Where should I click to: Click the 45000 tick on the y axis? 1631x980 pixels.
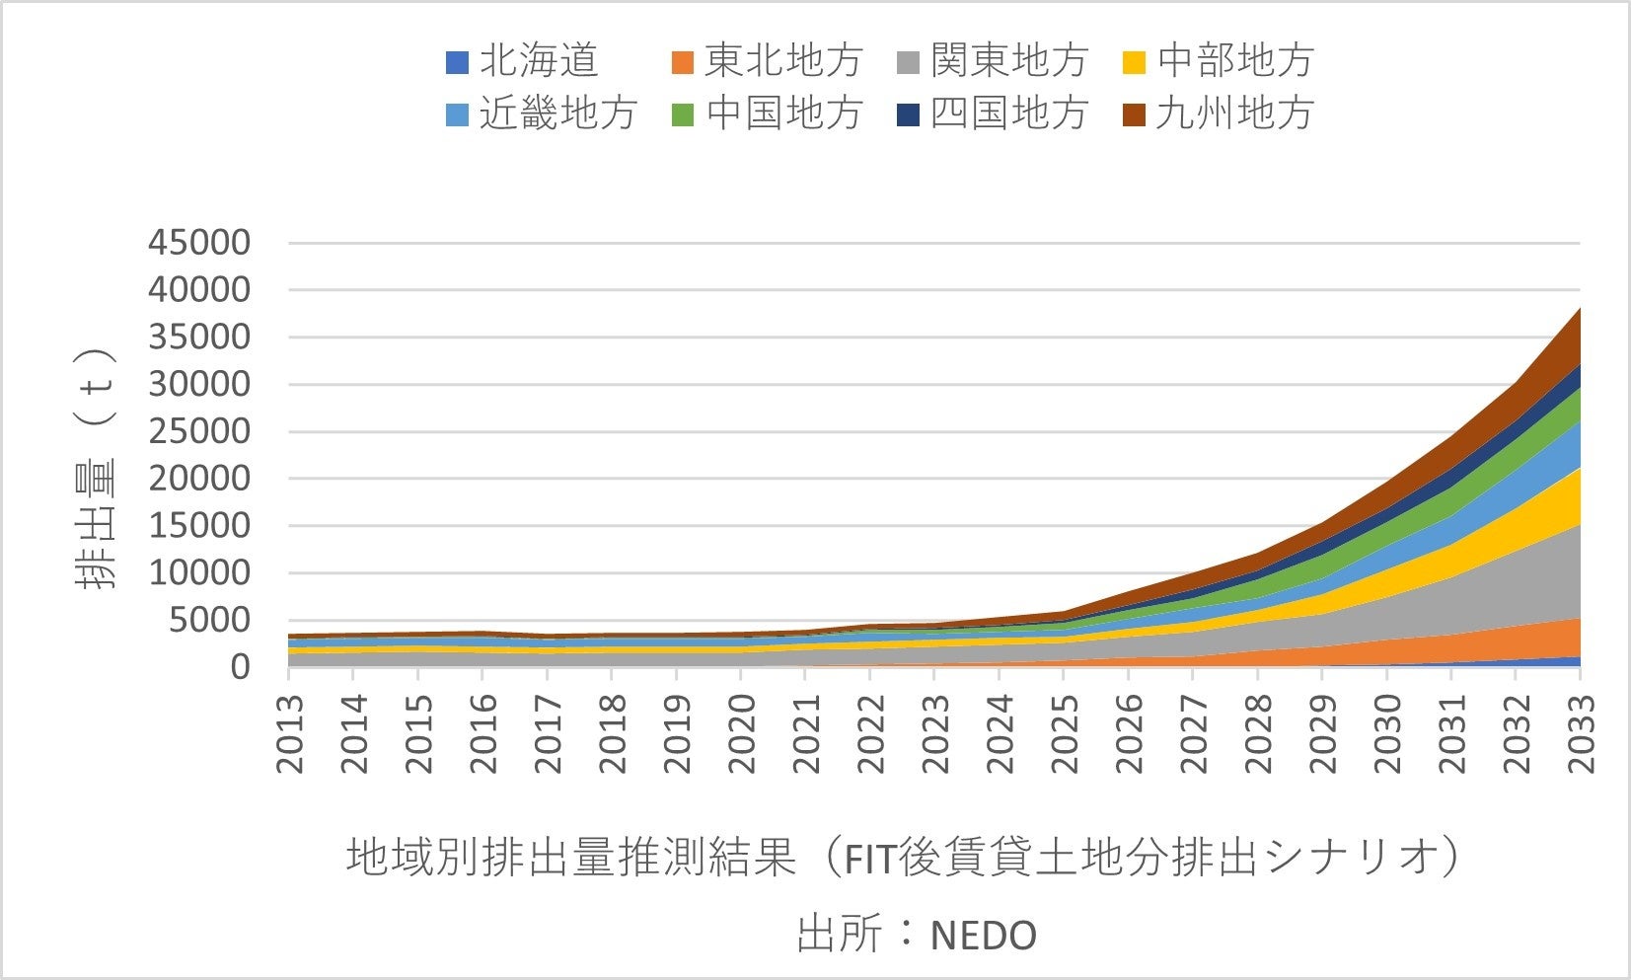click(x=199, y=243)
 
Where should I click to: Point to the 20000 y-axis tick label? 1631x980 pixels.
click(x=199, y=479)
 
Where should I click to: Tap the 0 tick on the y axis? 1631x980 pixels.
click(x=240, y=667)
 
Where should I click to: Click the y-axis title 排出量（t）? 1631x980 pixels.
click(x=96, y=469)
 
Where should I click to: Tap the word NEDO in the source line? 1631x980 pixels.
click(x=984, y=935)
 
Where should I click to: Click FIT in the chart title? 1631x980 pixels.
click(x=869, y=859)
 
